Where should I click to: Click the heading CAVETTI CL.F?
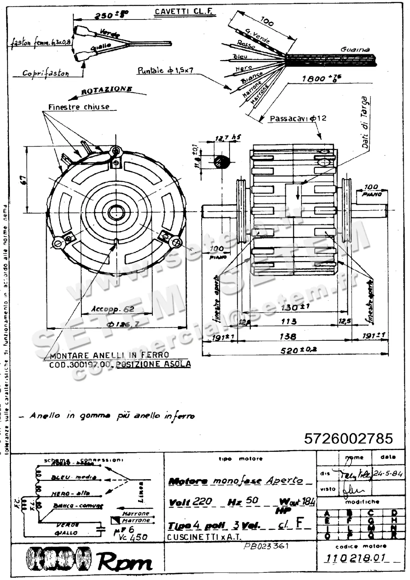tap(183, 11)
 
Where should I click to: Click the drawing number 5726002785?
tap(348, 438)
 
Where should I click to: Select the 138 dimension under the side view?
tap(288, 336)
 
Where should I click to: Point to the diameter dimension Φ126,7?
tap(123, 324)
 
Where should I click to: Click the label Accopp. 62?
tap(113, 309)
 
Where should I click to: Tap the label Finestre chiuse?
tap(79, 107)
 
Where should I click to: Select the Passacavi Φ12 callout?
tap(298, 119)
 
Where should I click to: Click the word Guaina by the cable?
tap(355, 50)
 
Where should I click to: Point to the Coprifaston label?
tap(45, 73)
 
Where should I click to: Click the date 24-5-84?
tap(387, 474)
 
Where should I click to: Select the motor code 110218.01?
tap(355, 558)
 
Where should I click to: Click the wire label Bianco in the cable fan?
tap(252, 78)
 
